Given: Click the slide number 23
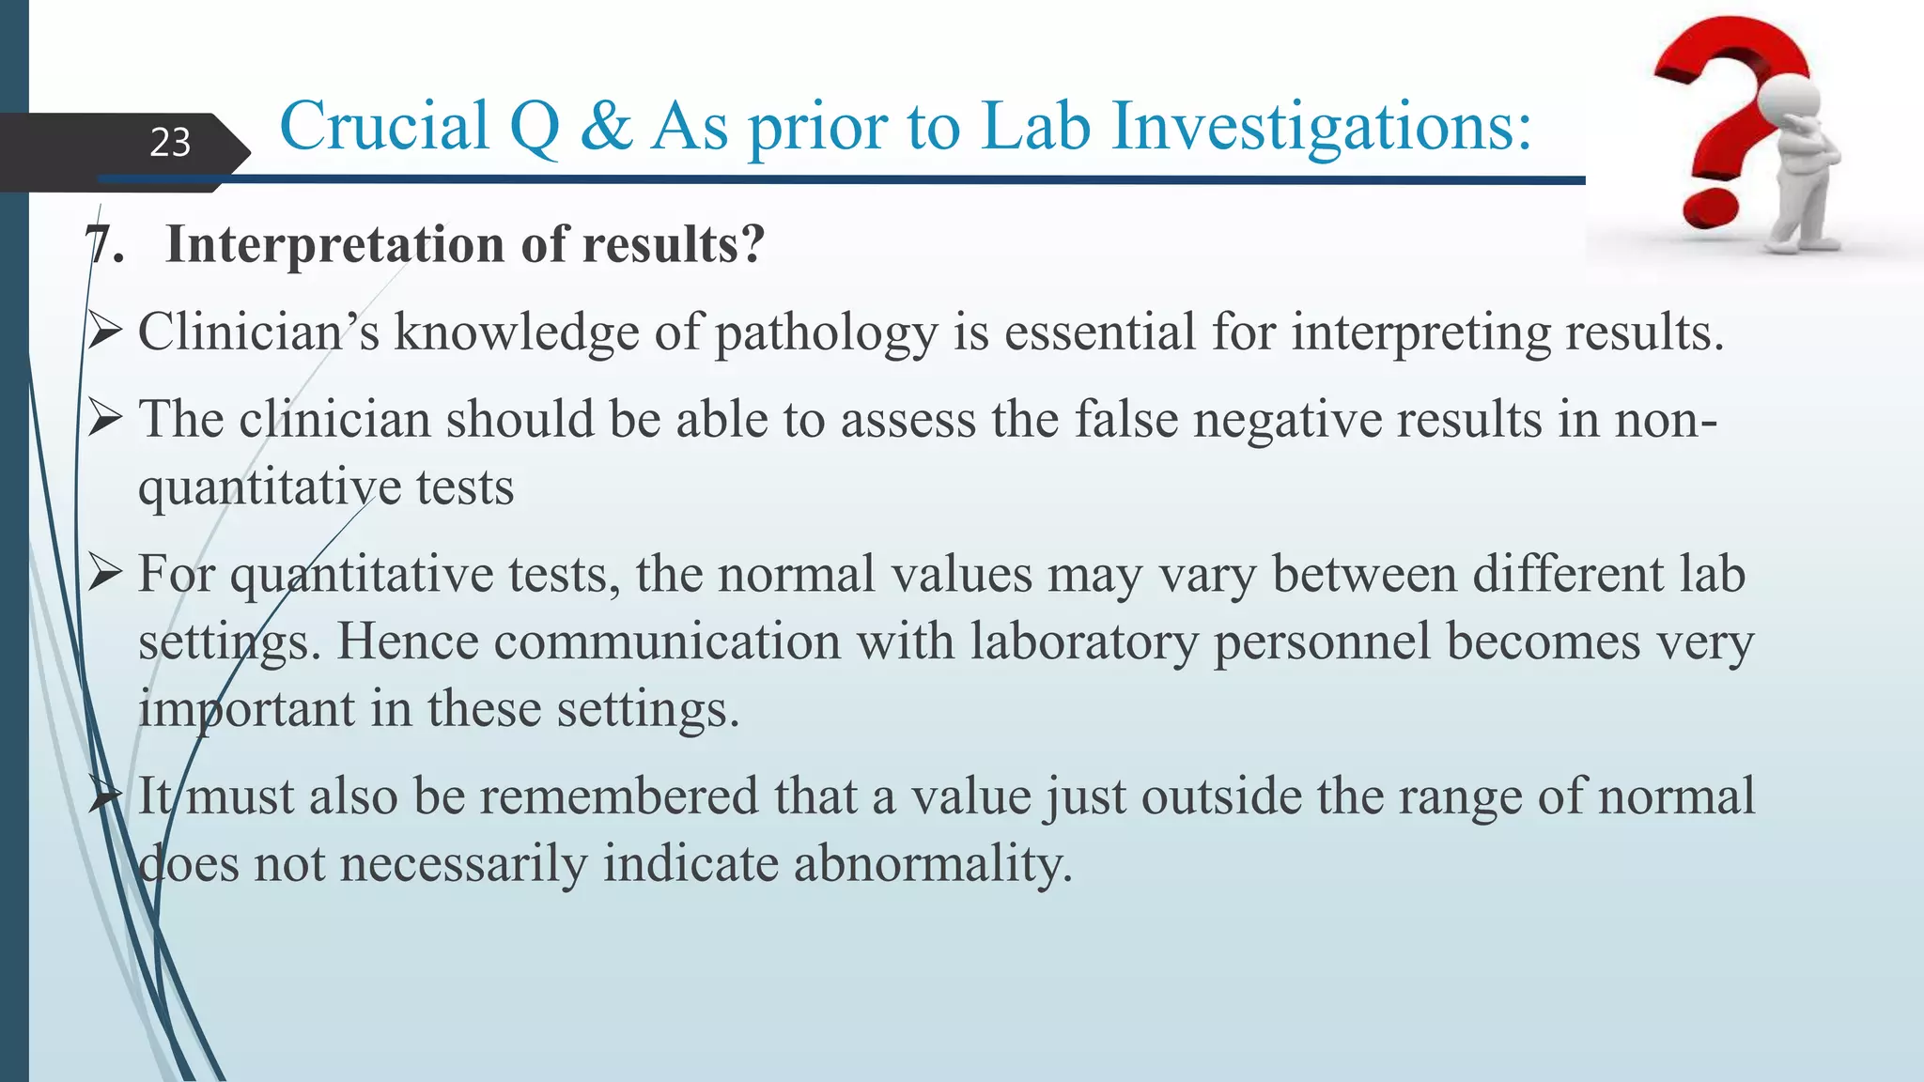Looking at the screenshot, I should click(170, 143).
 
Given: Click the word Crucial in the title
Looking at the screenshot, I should click(384, 126).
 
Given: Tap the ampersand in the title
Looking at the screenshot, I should click(607, 126).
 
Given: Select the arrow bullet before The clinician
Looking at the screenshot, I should click(105, 418).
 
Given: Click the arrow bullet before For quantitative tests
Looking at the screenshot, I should click(105, 573).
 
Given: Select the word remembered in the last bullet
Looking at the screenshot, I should click(619, 796).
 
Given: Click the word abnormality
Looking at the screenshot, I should click(932, 864).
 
